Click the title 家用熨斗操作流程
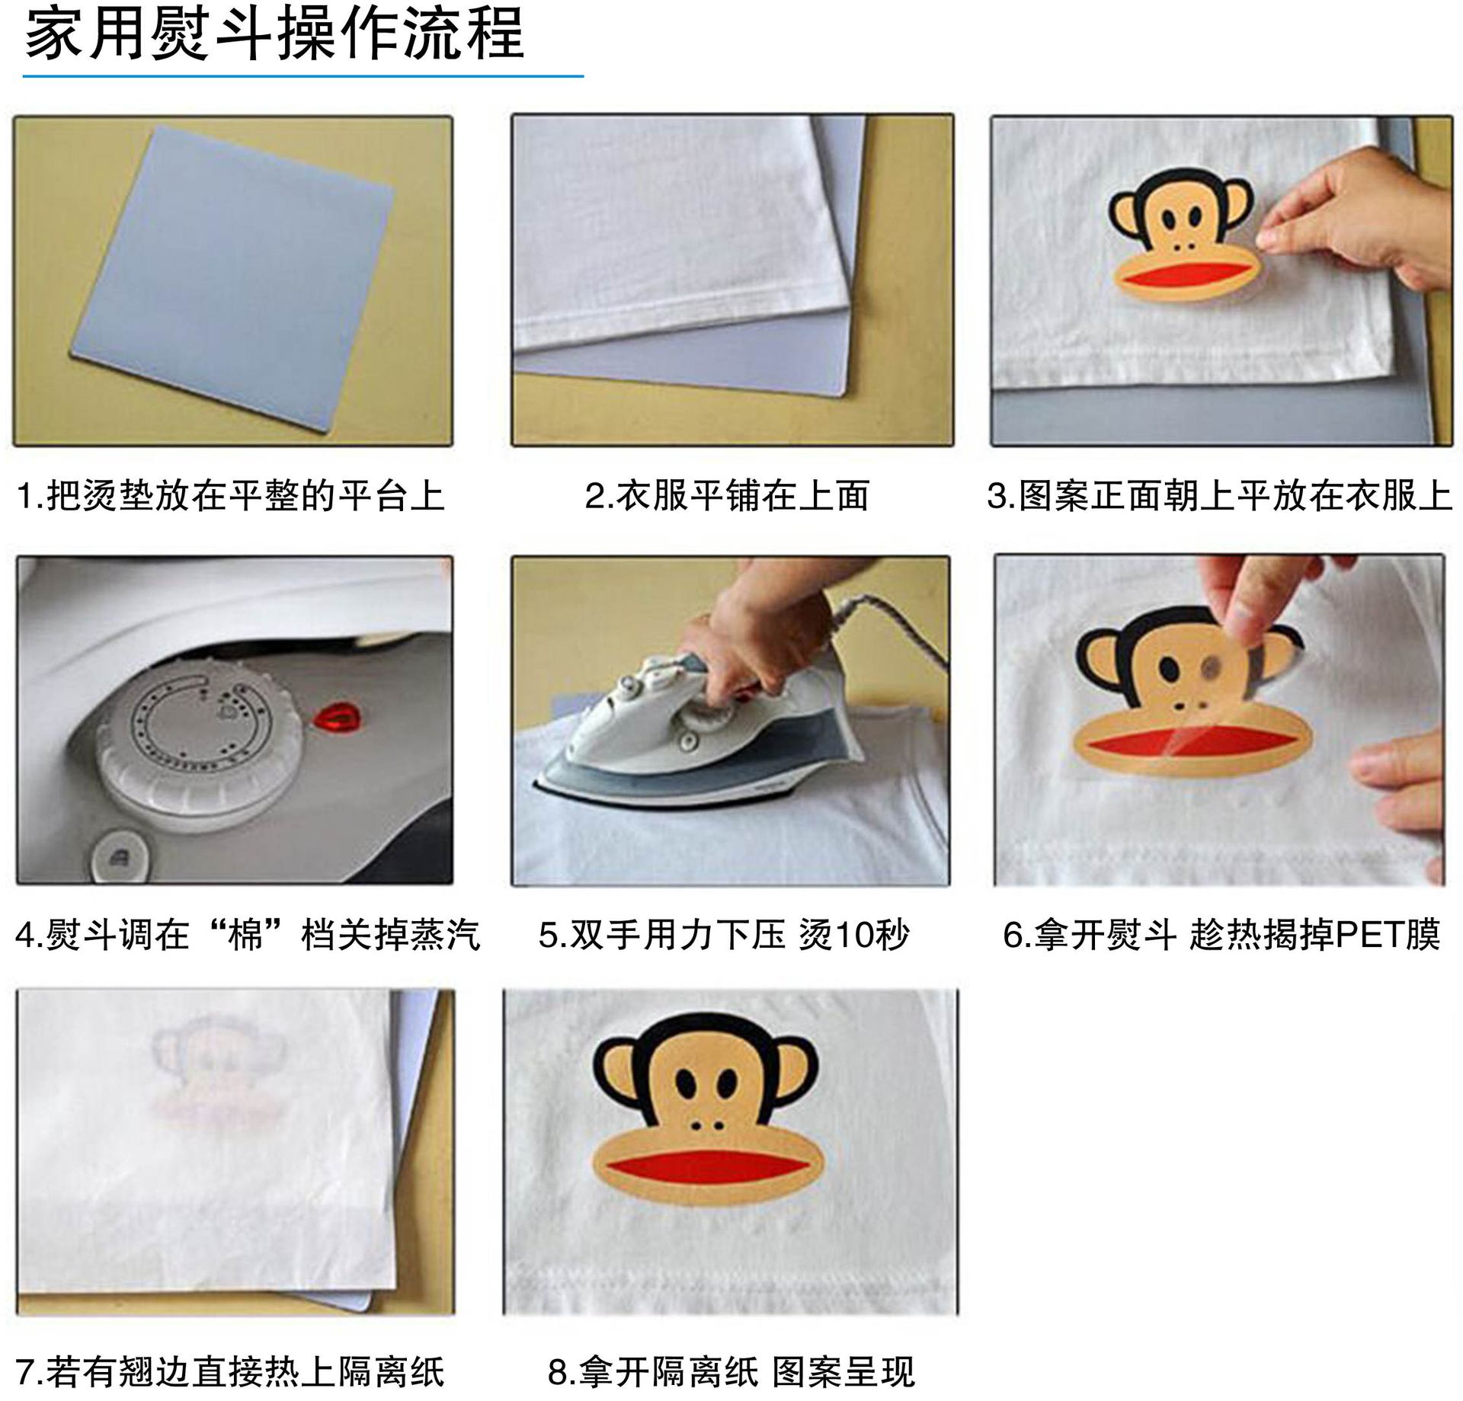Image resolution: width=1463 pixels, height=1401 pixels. pyautogui.click(x=274, y=34)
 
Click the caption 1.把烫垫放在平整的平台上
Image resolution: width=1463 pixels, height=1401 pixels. pyautogui.click(x=230, y=496)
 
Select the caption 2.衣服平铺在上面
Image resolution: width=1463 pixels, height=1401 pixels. pyautogui.click(x=727, y=496)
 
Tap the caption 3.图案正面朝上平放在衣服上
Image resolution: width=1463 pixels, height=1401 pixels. pyautogui.click(x=1219, y=496)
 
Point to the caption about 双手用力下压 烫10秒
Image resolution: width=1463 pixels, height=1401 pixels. pyautogui.click(x=724, y=935)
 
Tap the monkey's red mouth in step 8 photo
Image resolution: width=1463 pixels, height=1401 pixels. pyautogui.click(x=707, y=1167)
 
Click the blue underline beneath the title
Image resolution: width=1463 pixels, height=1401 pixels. pyautogui.click(x=303, y=76)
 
